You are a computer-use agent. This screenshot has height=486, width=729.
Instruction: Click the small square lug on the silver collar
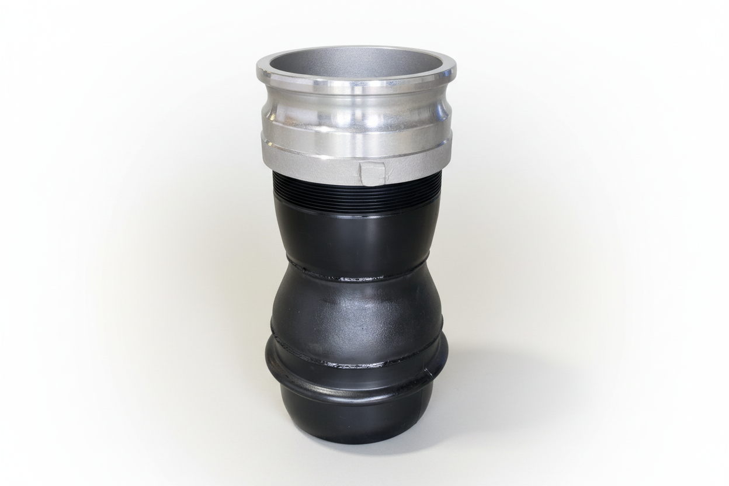point(372,173)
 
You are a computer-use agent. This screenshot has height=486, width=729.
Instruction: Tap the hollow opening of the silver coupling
point(356,64)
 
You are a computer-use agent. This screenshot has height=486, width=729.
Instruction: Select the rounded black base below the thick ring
point(356,418)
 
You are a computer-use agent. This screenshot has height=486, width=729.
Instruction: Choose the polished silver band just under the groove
point(356,133)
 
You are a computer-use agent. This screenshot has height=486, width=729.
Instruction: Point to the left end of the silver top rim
point(259,71)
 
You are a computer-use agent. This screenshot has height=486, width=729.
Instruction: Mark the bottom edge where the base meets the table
point(356,442)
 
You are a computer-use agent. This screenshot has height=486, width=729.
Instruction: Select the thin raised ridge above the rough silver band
point(356,144)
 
